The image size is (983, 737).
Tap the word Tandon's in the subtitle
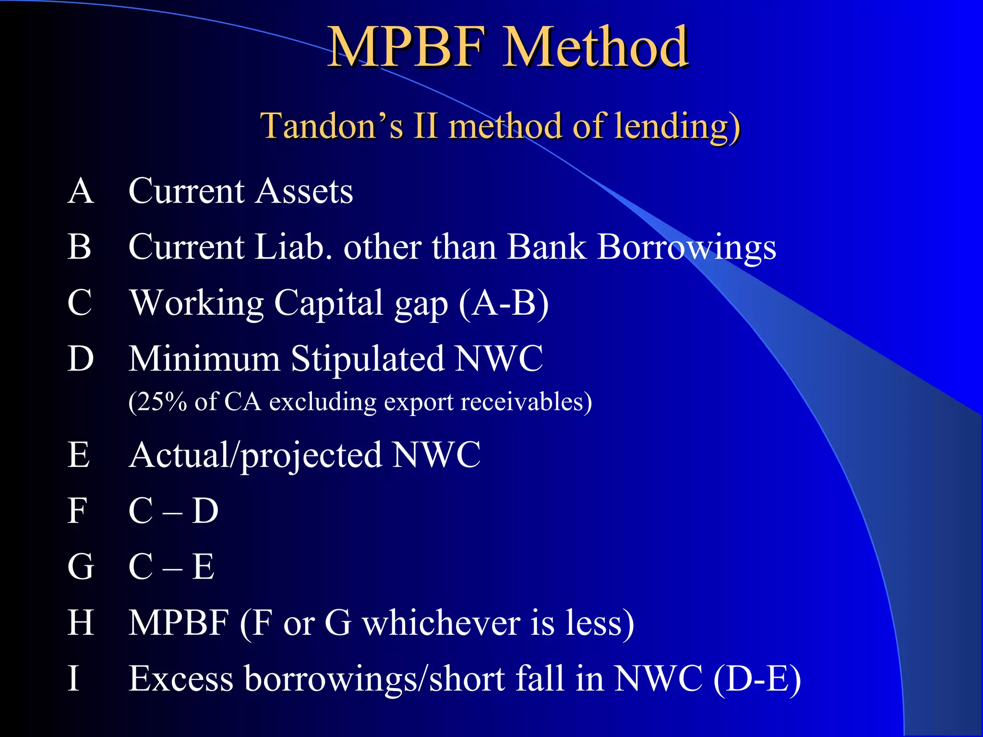coord(332,126)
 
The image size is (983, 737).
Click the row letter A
coord(81,191)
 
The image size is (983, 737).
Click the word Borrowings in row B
coord(686,248)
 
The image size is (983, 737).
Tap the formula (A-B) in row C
coord(504,303)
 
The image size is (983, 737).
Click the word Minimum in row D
coord(204,359)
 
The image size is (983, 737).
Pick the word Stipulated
coord(368,359)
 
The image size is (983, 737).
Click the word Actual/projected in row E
coord(255,455)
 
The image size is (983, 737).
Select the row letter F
coord(77,511)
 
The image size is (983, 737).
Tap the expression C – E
coord(171,567)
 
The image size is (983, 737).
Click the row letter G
coord(80,567)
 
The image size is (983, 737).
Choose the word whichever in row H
coord(441,623)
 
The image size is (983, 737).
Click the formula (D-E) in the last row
coord(757,679)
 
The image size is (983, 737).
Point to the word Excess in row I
coord(181,679)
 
